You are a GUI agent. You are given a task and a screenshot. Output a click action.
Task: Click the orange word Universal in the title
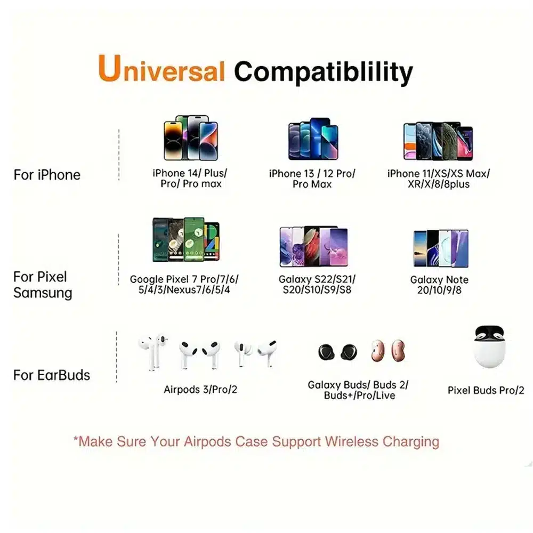[161, 68]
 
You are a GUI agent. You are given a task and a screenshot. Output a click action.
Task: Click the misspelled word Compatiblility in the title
[324, 72]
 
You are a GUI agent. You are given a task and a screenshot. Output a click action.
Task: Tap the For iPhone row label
[47, 175]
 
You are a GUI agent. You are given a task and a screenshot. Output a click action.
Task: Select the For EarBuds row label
[52, 375]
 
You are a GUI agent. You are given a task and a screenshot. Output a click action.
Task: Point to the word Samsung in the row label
[43, 293]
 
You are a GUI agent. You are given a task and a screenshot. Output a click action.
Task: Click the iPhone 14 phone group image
[191, 138]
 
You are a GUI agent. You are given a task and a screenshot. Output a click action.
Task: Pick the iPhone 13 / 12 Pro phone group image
[313, 139]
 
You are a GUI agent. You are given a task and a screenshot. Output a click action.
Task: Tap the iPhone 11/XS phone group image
[438, 141]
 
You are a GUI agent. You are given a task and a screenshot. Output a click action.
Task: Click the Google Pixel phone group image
[186, 239]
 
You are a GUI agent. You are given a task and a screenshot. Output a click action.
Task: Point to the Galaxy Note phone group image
[441, 248]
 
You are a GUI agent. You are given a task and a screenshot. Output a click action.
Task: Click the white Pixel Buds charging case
[489, 347]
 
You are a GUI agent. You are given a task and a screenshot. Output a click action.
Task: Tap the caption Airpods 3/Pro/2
[200, 389]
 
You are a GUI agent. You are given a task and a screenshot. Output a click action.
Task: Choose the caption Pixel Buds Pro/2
[486, 390]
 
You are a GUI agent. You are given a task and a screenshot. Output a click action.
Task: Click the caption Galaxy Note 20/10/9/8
[439, 285]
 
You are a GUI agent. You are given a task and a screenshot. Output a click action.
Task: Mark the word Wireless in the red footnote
[351, 441]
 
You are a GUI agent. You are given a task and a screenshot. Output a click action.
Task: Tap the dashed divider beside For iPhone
[119, 155]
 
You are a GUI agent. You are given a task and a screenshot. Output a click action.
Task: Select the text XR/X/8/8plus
[439, 184]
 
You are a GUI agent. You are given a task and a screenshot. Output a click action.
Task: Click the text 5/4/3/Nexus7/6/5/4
[184, 290]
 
